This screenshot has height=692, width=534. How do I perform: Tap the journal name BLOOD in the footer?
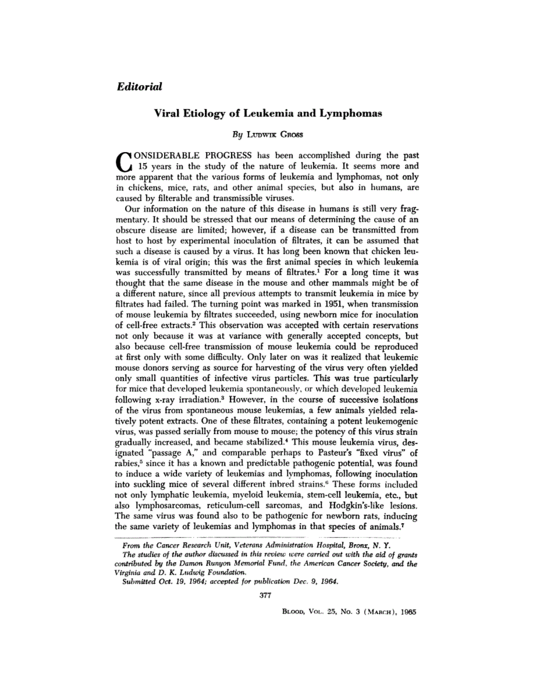point(294,613)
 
